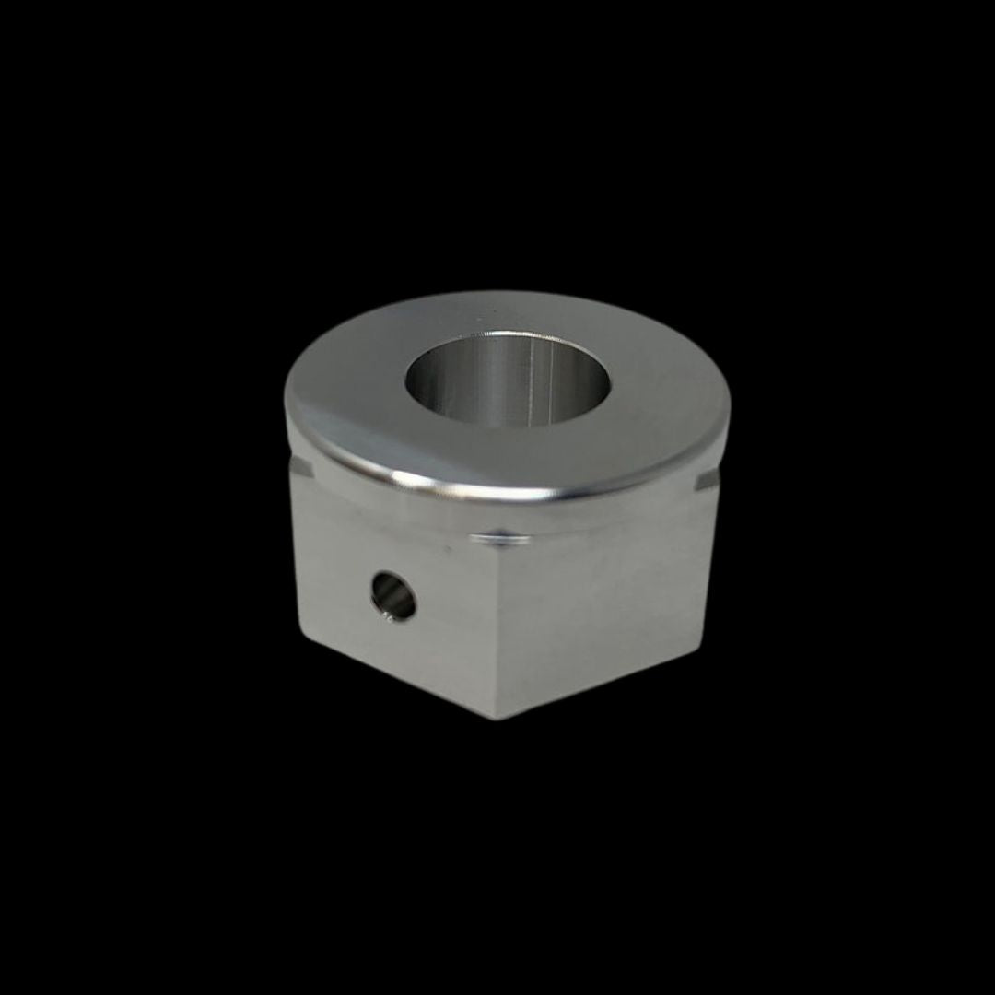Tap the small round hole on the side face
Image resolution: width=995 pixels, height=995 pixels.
393,595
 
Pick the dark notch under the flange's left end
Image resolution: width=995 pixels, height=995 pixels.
301,468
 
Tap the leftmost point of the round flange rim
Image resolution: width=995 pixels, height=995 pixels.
286,405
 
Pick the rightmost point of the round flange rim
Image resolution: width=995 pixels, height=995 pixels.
730,415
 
